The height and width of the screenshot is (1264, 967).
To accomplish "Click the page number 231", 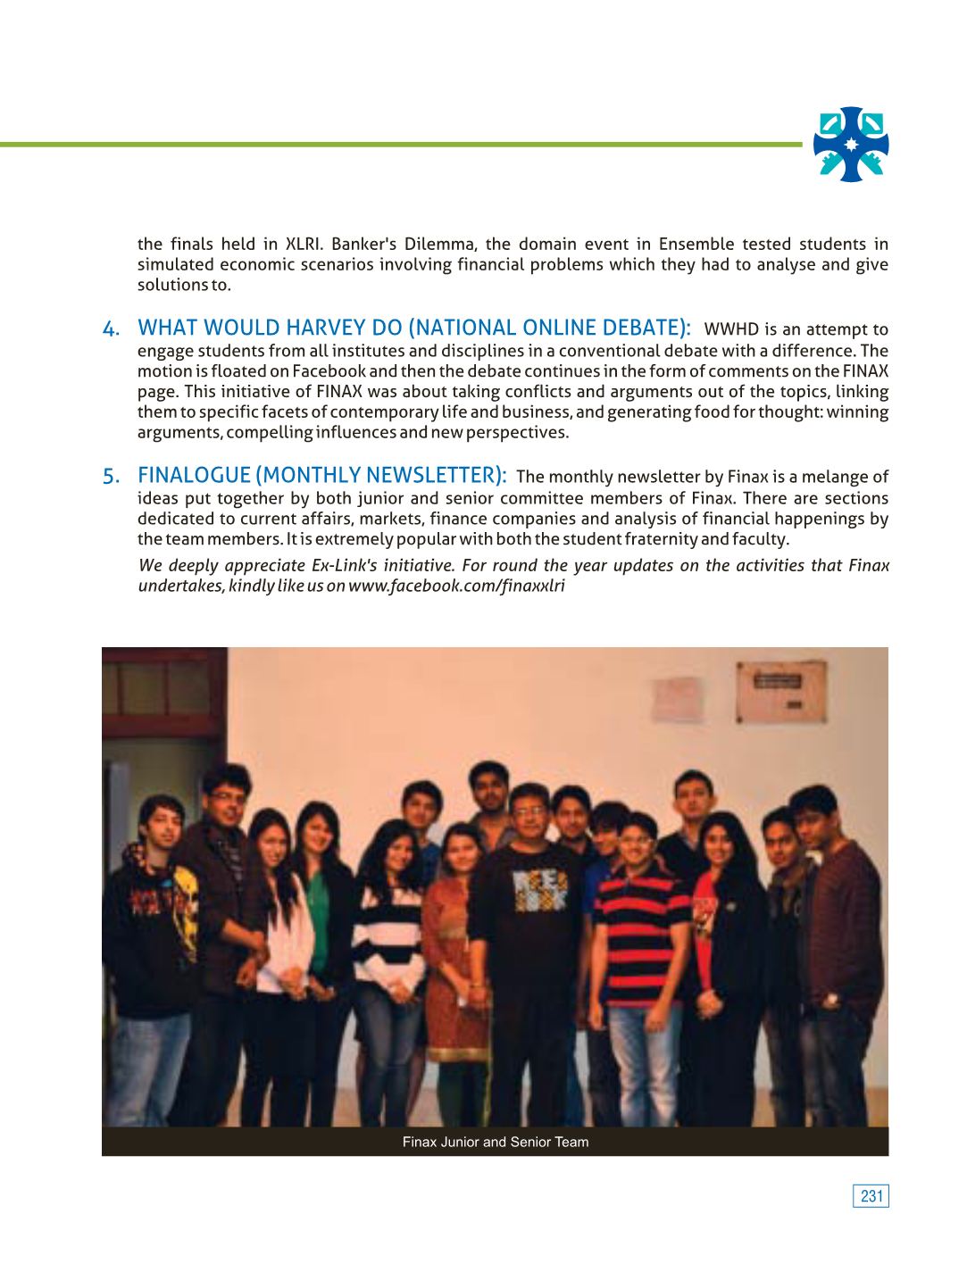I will click(871, 1196).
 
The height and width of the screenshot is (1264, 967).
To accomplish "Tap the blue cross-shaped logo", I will click(851, 145).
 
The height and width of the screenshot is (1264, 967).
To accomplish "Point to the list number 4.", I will click(111, 330).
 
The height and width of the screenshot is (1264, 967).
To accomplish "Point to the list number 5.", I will click(111, 477).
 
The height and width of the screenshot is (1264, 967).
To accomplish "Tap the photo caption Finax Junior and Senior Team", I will click(495, 1142).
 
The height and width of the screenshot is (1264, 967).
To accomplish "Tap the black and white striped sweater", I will click(391, 928).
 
